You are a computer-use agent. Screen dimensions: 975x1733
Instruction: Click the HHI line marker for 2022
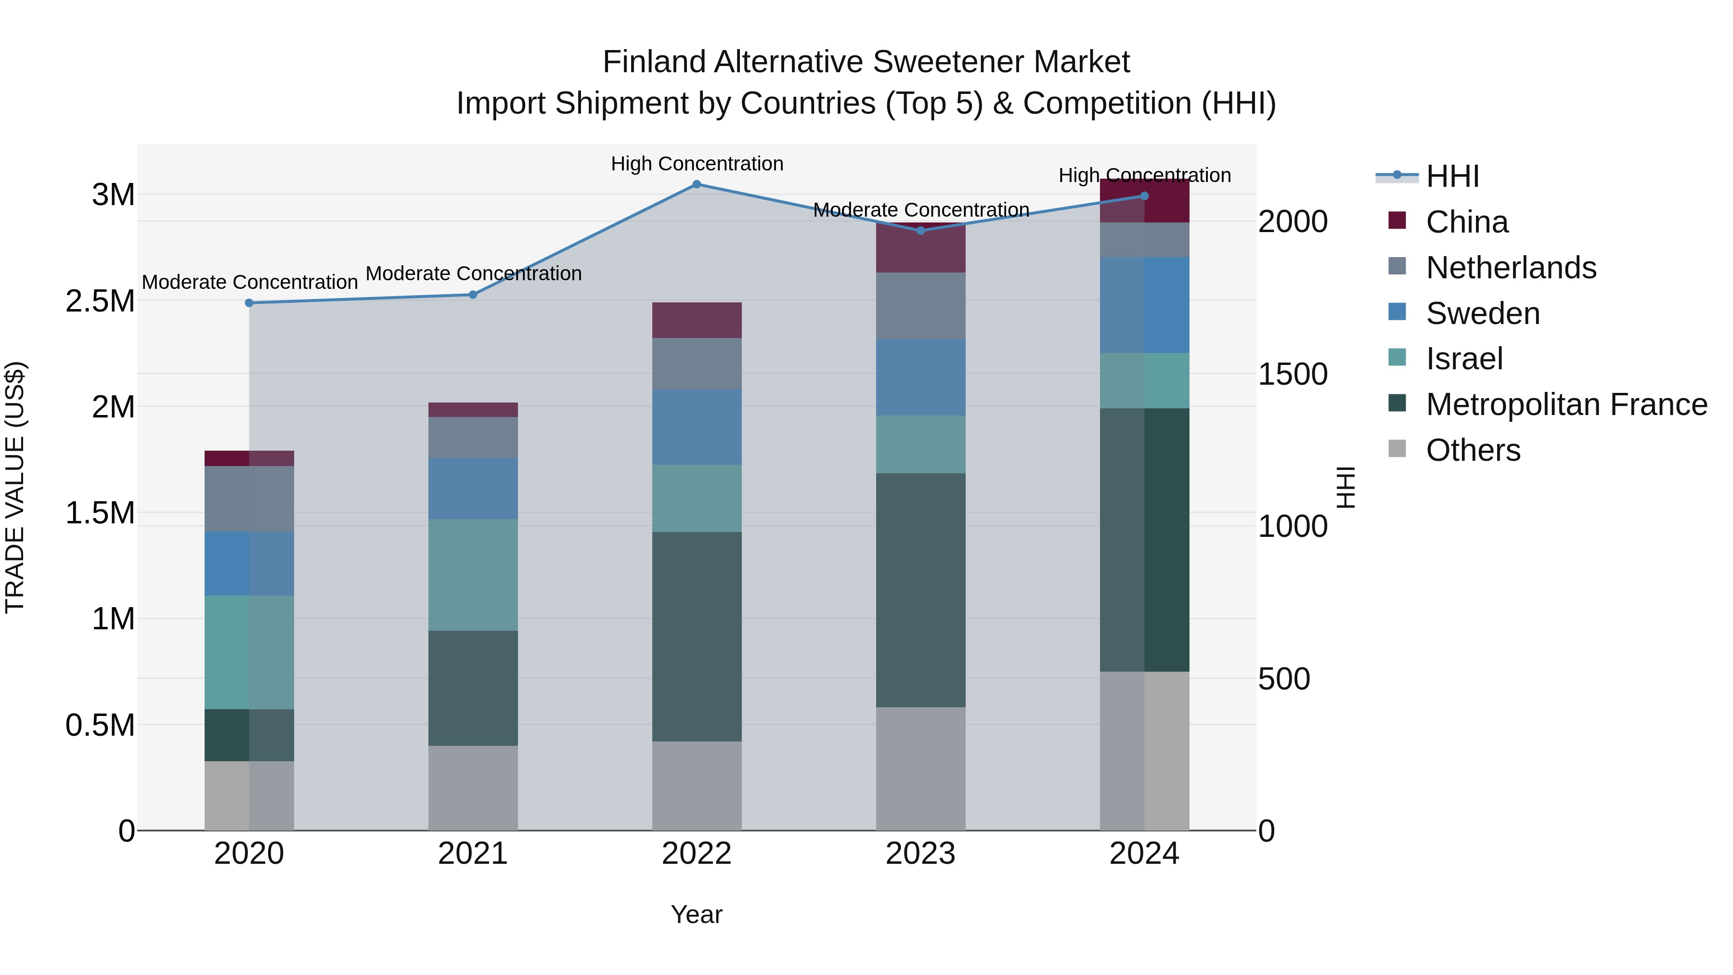[697, 184]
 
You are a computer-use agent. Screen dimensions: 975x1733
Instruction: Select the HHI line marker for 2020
[249, 303]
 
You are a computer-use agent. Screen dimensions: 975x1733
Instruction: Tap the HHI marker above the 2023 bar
[920, 231]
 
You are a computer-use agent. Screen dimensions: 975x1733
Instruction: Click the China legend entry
[1467, 222]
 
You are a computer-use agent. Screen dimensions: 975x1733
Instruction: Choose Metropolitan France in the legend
[1566, 404]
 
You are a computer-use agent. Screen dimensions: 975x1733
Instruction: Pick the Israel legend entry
[1464, 359]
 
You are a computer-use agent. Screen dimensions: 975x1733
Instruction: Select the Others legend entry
[1473, 450]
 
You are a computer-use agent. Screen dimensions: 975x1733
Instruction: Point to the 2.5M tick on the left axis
[100, 301]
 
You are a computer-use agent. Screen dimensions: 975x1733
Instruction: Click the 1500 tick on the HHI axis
[1293, 374]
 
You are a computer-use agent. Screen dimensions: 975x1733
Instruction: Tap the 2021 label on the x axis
[472, 854]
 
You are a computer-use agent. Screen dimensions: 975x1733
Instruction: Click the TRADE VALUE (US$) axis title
[15, 487]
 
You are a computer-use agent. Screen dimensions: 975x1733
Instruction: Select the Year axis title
[696, 914]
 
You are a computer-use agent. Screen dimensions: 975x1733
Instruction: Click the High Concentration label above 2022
[697, 164]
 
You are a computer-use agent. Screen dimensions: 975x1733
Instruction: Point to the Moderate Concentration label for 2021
[473, 274]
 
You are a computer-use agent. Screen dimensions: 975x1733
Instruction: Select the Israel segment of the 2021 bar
[473, 574]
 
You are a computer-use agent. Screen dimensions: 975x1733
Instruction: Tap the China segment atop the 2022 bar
[697, 320]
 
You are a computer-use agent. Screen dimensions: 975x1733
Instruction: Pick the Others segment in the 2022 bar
[697, 785]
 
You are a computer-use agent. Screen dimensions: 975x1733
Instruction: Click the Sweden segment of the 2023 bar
[920, 377]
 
